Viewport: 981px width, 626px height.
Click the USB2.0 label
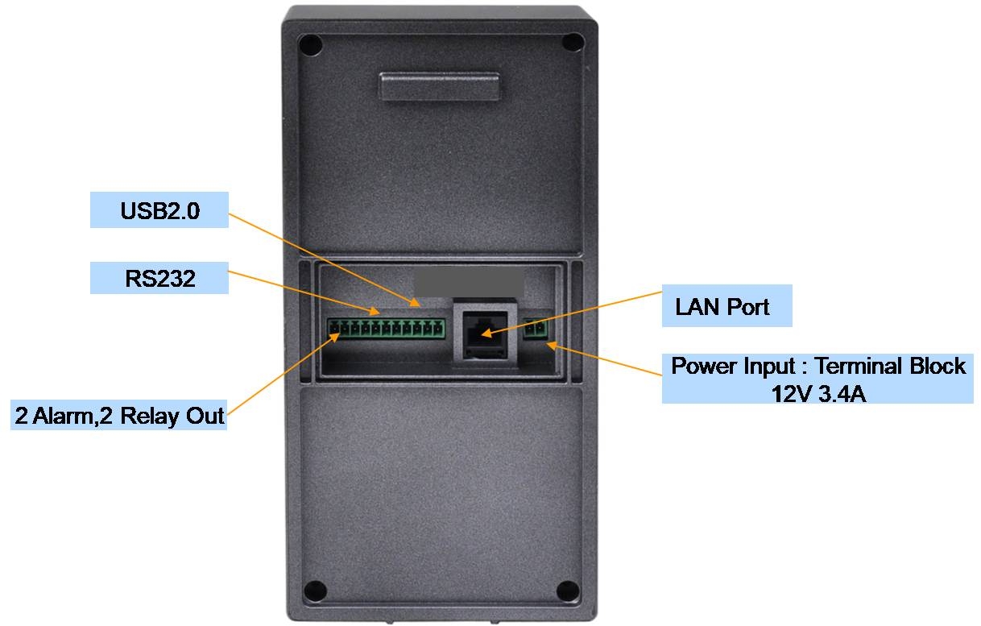159,211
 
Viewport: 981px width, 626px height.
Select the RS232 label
159,279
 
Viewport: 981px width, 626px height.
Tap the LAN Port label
722,307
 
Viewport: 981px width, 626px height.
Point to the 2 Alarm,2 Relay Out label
119,417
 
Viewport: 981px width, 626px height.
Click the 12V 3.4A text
819,394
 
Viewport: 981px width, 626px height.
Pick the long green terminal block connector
387,328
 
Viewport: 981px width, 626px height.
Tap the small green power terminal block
536,330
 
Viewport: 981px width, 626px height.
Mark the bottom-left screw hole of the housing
316,591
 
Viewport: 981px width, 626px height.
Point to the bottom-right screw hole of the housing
567,591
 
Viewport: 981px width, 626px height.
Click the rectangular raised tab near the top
440,85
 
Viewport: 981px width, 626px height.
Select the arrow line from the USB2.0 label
322,258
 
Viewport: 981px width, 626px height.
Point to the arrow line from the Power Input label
604,360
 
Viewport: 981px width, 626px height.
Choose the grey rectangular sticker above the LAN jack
469,283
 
